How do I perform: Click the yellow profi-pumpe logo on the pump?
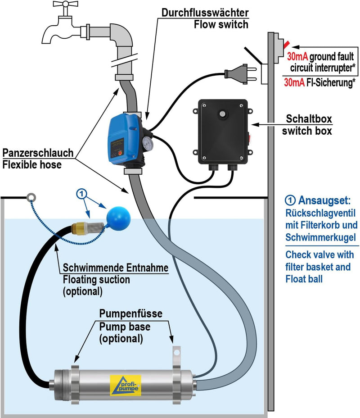click(126, 386)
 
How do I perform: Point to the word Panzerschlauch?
click(38, 153)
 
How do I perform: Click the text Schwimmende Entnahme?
click(116, 268)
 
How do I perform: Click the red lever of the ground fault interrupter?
click(286, 45)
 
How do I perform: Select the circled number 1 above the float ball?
click(81, 194)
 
